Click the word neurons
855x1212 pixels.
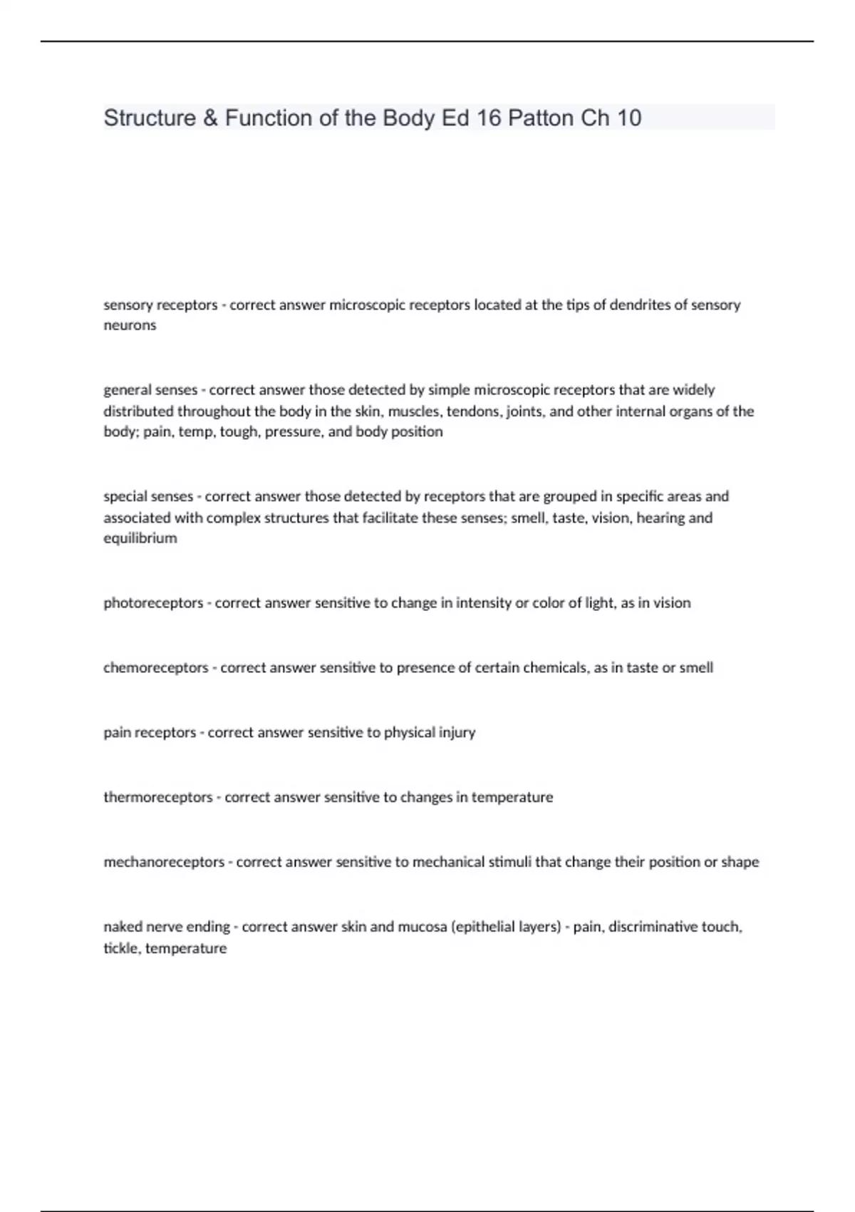(130, 325)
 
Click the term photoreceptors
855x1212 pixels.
(153, 603)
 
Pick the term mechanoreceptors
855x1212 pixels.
(164, 862)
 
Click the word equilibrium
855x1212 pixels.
(140, 538)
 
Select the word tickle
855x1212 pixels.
(121, 948)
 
